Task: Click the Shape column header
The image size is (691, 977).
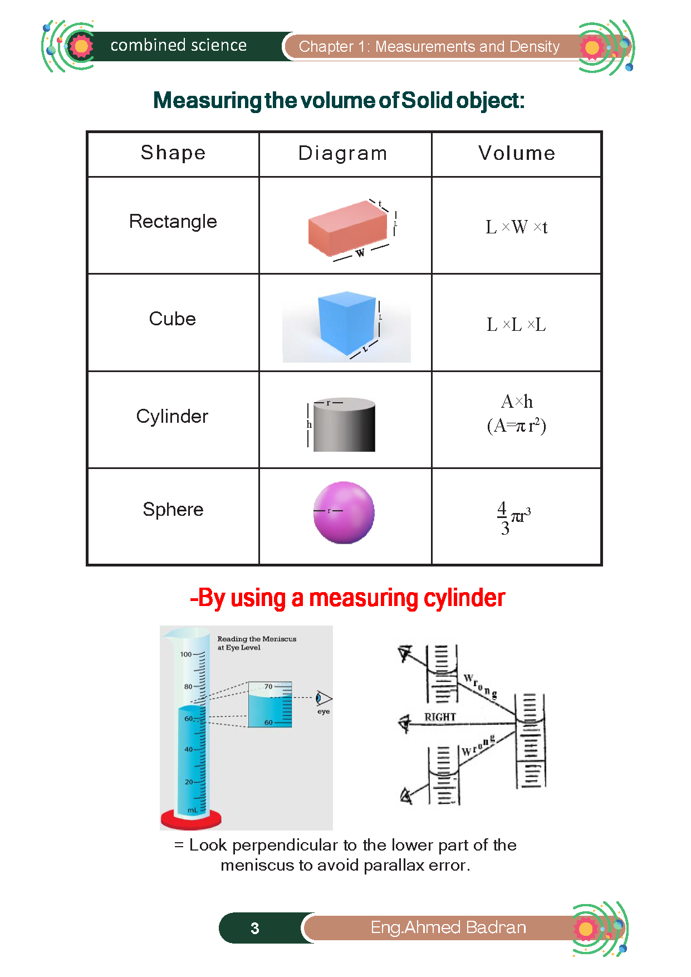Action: point(173,153)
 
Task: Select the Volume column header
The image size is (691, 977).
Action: point(517,153)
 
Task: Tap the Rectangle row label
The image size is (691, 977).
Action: point(173,222)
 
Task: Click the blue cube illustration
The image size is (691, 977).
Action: point(347,323)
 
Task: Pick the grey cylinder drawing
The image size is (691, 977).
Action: point(344,424)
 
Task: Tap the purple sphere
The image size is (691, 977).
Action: point(344,512)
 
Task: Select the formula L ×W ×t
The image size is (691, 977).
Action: point(517,227)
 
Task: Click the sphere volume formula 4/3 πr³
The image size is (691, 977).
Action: point(513,518)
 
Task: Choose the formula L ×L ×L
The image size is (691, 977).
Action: point(516,324)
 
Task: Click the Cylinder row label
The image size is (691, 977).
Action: point(172,417)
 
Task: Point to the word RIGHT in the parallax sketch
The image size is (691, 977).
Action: point(440,717)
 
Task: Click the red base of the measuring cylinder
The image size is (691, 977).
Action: point(191,819)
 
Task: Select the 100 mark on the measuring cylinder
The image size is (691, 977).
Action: point(186,654)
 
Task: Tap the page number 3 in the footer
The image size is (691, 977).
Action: point(254,929)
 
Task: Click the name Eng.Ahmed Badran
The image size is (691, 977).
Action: point(448,927)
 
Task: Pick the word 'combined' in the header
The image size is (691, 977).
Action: point(140,45)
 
